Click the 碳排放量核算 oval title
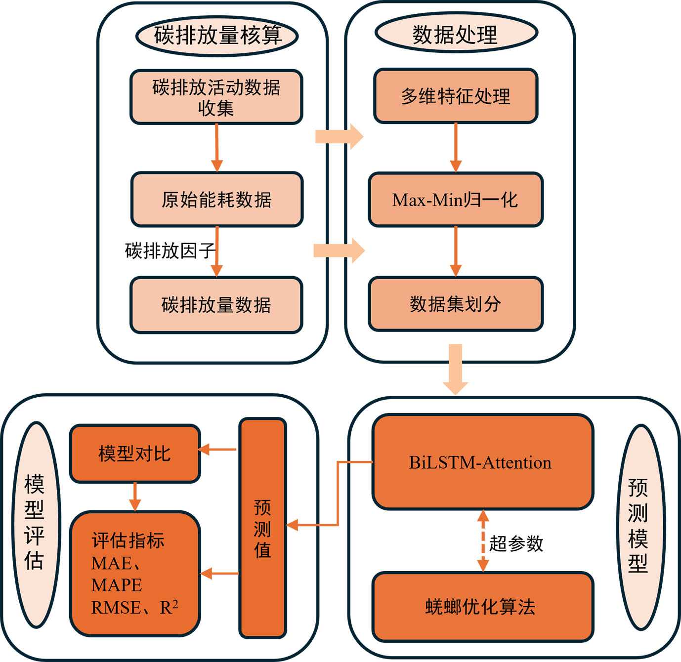click(x=217, y=36)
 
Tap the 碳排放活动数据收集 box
click(x=216, y=97)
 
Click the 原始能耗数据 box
click(x=216, y=200)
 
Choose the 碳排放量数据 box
click(x=216, y=305)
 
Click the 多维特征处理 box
click(x=456, y=96)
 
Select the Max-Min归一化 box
click(x=456, y=200)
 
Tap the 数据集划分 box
click(x=456, y=304)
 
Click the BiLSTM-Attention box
click(x=482, y=462)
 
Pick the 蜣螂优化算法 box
click(x=482, y=606)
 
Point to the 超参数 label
click(x=516, y=543)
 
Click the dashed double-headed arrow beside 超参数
click(x=483, y=540)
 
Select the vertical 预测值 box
click(x=262, y=528)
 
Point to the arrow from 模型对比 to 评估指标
click(x=135, y=496)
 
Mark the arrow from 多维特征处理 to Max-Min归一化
click(x=456, y=147)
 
